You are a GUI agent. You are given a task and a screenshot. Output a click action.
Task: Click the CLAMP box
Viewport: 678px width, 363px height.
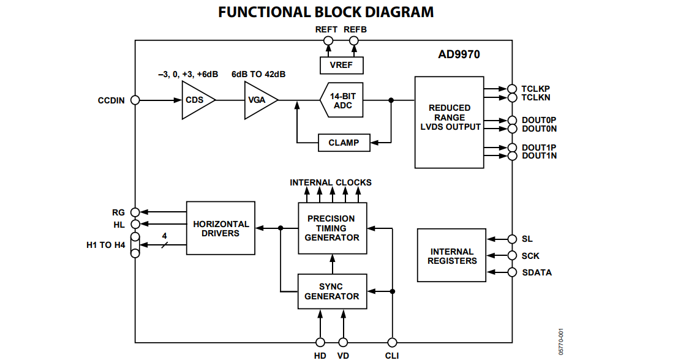click(x=344, y=143)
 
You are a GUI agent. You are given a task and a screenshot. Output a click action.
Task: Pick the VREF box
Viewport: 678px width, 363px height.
click(x=341, y=65)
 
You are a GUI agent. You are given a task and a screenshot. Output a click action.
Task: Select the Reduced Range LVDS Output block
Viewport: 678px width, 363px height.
click(x=449, y=122)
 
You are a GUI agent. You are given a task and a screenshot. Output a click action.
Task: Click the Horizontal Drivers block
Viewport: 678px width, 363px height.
click(x=220, y=228)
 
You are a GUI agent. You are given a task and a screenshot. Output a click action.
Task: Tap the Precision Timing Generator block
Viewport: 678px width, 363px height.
click(x=332, y=228)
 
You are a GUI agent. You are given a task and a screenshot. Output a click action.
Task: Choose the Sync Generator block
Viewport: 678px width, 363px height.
click(x=332, y=291)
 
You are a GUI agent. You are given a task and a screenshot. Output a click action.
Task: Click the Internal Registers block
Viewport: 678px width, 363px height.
click(x=451, y=256)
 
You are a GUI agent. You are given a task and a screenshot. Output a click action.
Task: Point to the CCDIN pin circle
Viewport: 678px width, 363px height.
click(x=135, y=100)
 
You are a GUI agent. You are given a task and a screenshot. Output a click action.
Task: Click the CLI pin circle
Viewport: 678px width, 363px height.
click(x=392, y=343)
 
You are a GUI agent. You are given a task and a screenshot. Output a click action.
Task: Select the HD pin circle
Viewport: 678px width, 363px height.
click(x=320, y=343)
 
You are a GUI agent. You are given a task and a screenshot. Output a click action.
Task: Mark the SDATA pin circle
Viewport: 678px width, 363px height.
click(x=512, y=272)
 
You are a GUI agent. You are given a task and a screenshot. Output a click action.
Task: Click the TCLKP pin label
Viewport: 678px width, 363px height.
click(x=535, y=89)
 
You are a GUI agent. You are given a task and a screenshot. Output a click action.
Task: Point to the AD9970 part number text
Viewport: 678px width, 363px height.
click(x=459, y=54)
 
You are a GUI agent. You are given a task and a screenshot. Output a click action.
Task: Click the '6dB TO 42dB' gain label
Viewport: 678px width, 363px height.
click(x=258, y=74)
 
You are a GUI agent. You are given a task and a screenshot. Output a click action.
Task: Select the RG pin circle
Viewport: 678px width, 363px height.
click(x=135, y=212)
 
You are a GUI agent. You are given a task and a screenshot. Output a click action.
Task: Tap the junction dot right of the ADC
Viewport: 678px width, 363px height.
click(x=391, y=100)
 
